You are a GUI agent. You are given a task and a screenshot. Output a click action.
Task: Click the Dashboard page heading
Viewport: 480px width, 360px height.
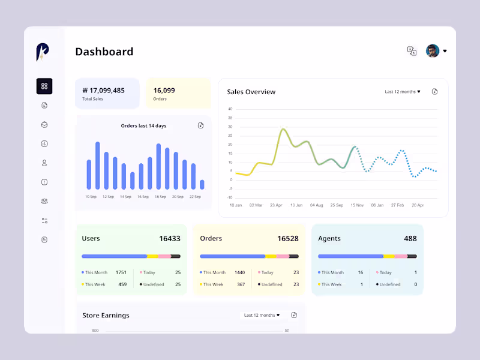pos(104,52)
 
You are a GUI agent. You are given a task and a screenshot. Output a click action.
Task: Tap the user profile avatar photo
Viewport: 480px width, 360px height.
pos(433,51)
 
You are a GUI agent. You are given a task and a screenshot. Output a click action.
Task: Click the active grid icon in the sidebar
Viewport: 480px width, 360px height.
pos(44,86)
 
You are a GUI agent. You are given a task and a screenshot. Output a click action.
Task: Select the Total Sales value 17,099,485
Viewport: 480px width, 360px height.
pos(104,91)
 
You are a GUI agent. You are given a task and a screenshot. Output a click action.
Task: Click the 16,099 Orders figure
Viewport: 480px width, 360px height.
pos(164,91)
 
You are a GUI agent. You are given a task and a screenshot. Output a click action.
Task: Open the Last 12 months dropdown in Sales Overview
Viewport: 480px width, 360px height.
pos(403,92)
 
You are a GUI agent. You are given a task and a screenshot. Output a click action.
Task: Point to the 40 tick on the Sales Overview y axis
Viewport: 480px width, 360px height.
pos(230,109)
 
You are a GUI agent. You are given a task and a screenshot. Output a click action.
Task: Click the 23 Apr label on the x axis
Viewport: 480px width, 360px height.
pos(276,205)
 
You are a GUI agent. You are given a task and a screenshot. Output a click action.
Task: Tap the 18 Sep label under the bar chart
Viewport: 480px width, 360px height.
pos(160,197)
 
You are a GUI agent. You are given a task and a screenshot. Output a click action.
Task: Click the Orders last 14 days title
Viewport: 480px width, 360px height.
pos(143,126)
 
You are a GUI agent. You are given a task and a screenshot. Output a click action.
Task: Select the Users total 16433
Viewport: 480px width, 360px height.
pos(170,238)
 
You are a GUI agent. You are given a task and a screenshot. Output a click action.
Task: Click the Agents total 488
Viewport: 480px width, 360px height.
pos(410,238)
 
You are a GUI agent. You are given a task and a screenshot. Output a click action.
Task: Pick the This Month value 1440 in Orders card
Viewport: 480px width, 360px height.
pos(239,272)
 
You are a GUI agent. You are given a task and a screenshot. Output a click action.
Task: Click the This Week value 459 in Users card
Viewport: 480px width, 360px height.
pos(122,284)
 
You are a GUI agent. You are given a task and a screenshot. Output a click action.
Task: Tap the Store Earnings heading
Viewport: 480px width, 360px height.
pos(106,315)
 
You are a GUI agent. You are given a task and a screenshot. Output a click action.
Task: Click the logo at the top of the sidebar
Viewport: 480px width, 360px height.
pos(42,52)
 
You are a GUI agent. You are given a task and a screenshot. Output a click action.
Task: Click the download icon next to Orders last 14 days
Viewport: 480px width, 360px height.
pos(200,125)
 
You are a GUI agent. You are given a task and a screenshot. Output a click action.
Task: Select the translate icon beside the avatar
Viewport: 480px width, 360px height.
pos(412,51)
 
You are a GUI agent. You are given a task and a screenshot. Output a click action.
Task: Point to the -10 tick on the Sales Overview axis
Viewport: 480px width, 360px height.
pos(230,197)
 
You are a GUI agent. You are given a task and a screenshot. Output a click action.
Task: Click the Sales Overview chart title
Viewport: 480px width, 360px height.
pos(251,92)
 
